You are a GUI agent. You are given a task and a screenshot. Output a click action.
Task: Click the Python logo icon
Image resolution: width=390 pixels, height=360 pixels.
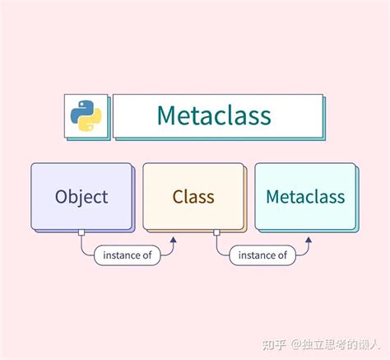[x=86, y=115]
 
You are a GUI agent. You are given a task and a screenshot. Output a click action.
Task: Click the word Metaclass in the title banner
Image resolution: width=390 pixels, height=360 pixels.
[x=213, y=115]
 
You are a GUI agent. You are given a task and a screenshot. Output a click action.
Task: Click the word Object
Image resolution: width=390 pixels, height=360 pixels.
[x=81, y=197]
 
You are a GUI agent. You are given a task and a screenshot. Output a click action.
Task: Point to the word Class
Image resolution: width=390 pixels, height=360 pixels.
[x=193, y=197]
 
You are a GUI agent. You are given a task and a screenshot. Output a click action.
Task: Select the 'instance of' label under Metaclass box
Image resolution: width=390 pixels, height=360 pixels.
[x=262, y=255]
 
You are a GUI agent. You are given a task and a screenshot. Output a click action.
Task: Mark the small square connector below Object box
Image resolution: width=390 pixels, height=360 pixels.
[x=81, y=232]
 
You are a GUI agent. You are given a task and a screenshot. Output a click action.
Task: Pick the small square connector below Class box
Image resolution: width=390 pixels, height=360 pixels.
[x=216, y=232]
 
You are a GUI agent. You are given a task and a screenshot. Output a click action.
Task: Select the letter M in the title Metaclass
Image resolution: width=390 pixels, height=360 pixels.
[x=166, y=115]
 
